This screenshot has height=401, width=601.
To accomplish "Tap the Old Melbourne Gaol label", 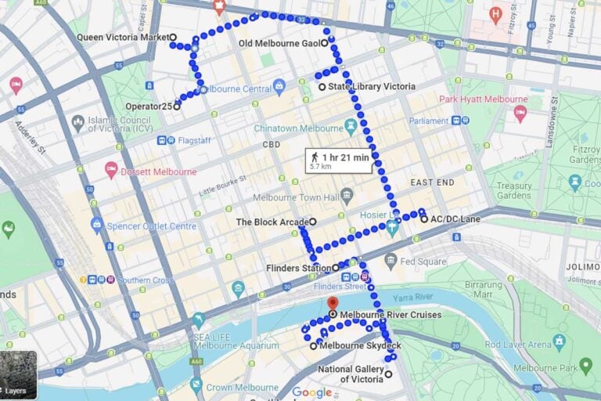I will (x=278, y=43).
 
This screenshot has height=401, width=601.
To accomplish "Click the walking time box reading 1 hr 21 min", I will (x=339, y=161).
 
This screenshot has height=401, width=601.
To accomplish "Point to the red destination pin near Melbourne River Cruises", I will (x=333, y=303).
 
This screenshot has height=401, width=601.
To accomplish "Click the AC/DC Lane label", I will (x=455, y=219).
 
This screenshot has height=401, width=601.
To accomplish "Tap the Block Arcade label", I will (x=272, y=222).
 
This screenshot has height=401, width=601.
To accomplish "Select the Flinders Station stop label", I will (x=298, y=268).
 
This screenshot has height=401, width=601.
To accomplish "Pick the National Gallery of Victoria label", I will (x=351, y=374).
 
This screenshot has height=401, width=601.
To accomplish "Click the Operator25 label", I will (x=149, y=106).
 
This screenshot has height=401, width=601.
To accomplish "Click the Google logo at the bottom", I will (x=311, y=392).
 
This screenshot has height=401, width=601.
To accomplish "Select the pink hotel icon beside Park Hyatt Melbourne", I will (x=520, y=114).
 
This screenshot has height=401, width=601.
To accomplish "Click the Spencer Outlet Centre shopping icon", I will (x=96, y=226).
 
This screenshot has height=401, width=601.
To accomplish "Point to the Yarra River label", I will (x=413, y=297).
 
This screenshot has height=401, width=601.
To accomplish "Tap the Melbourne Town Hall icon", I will (x=347, y=195).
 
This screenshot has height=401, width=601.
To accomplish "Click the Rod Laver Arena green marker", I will (x=559, y=341).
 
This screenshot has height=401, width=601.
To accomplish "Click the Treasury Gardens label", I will (x=513, y=191).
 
